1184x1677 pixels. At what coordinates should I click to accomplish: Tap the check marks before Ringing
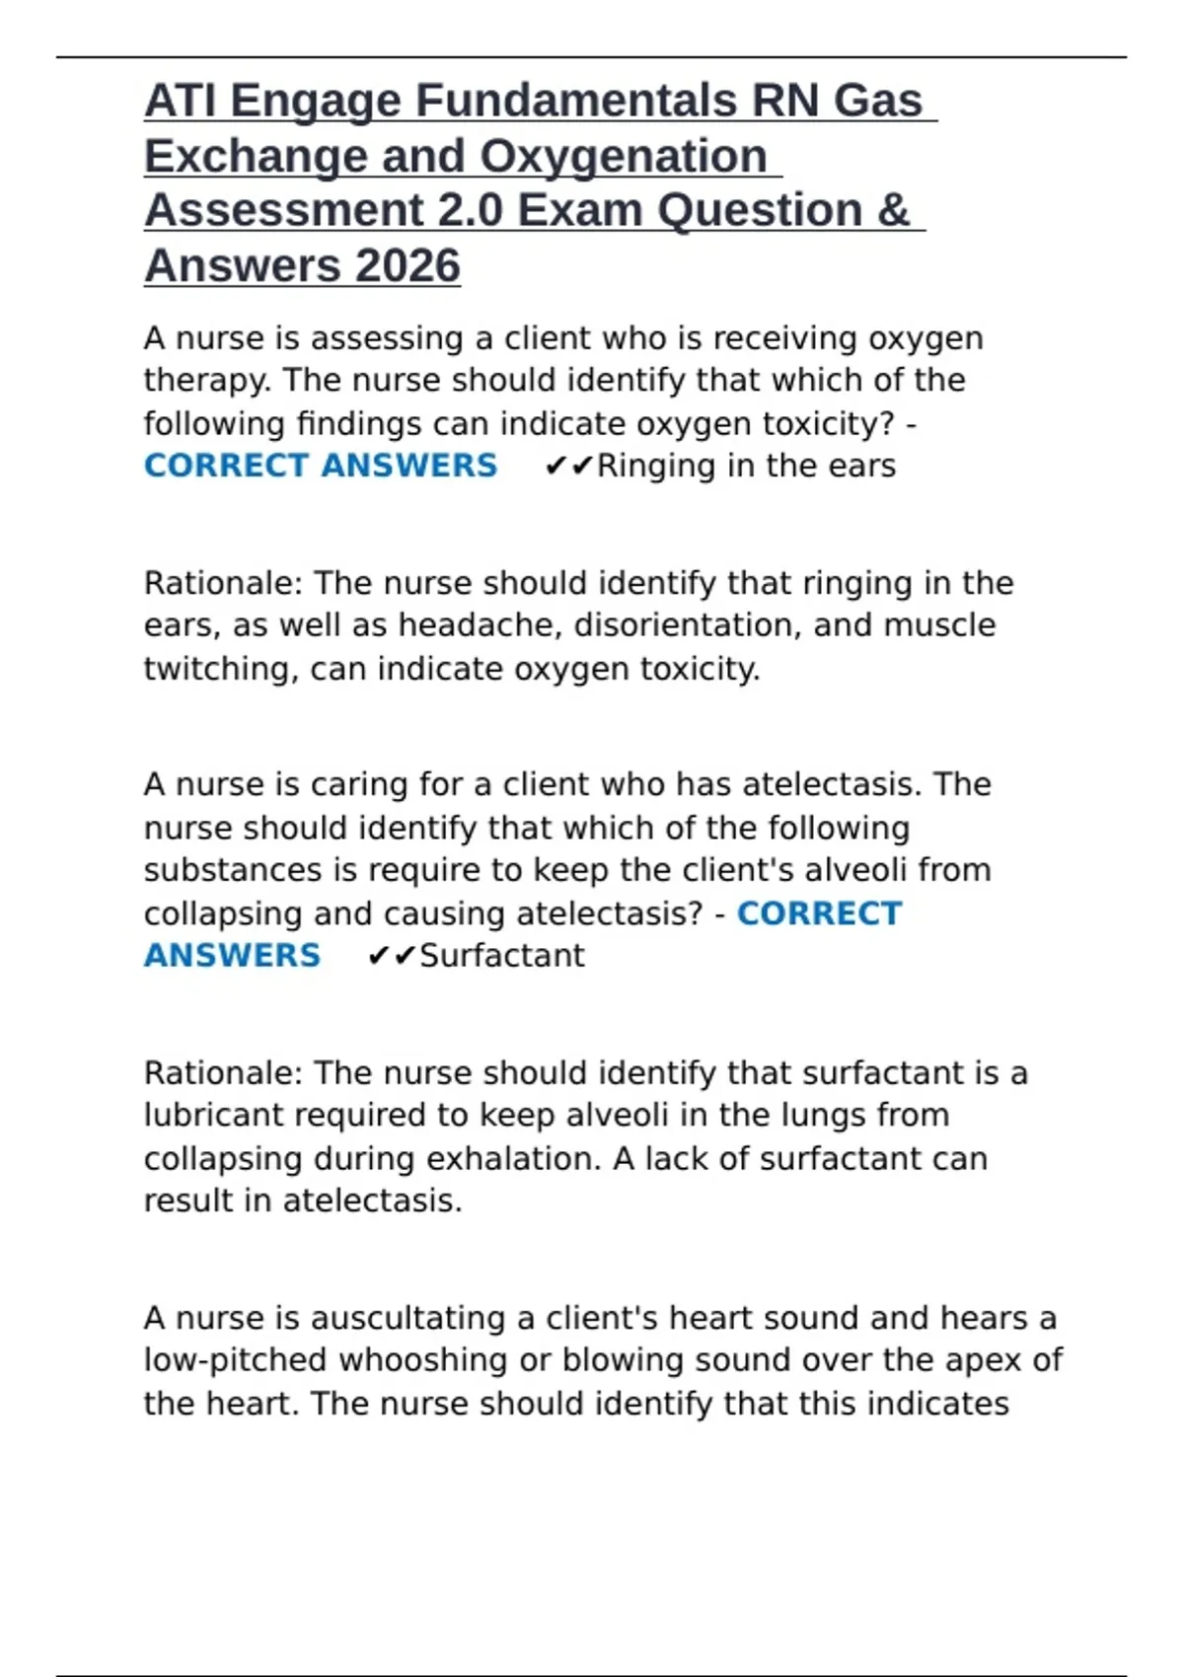tap(568, 466)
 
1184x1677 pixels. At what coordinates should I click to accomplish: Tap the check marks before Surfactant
tap(391, 956)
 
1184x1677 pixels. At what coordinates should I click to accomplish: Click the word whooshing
tap(424, 1360)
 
